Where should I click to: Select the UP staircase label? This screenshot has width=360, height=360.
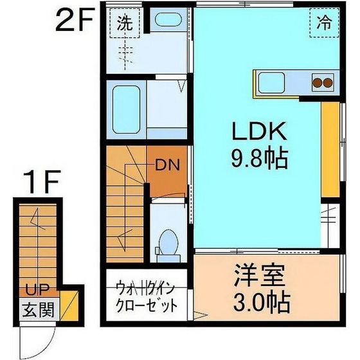click(34, 291)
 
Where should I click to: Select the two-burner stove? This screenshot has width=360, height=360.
click(322, 82)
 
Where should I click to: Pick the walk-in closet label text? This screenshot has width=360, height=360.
click(145, 295)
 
